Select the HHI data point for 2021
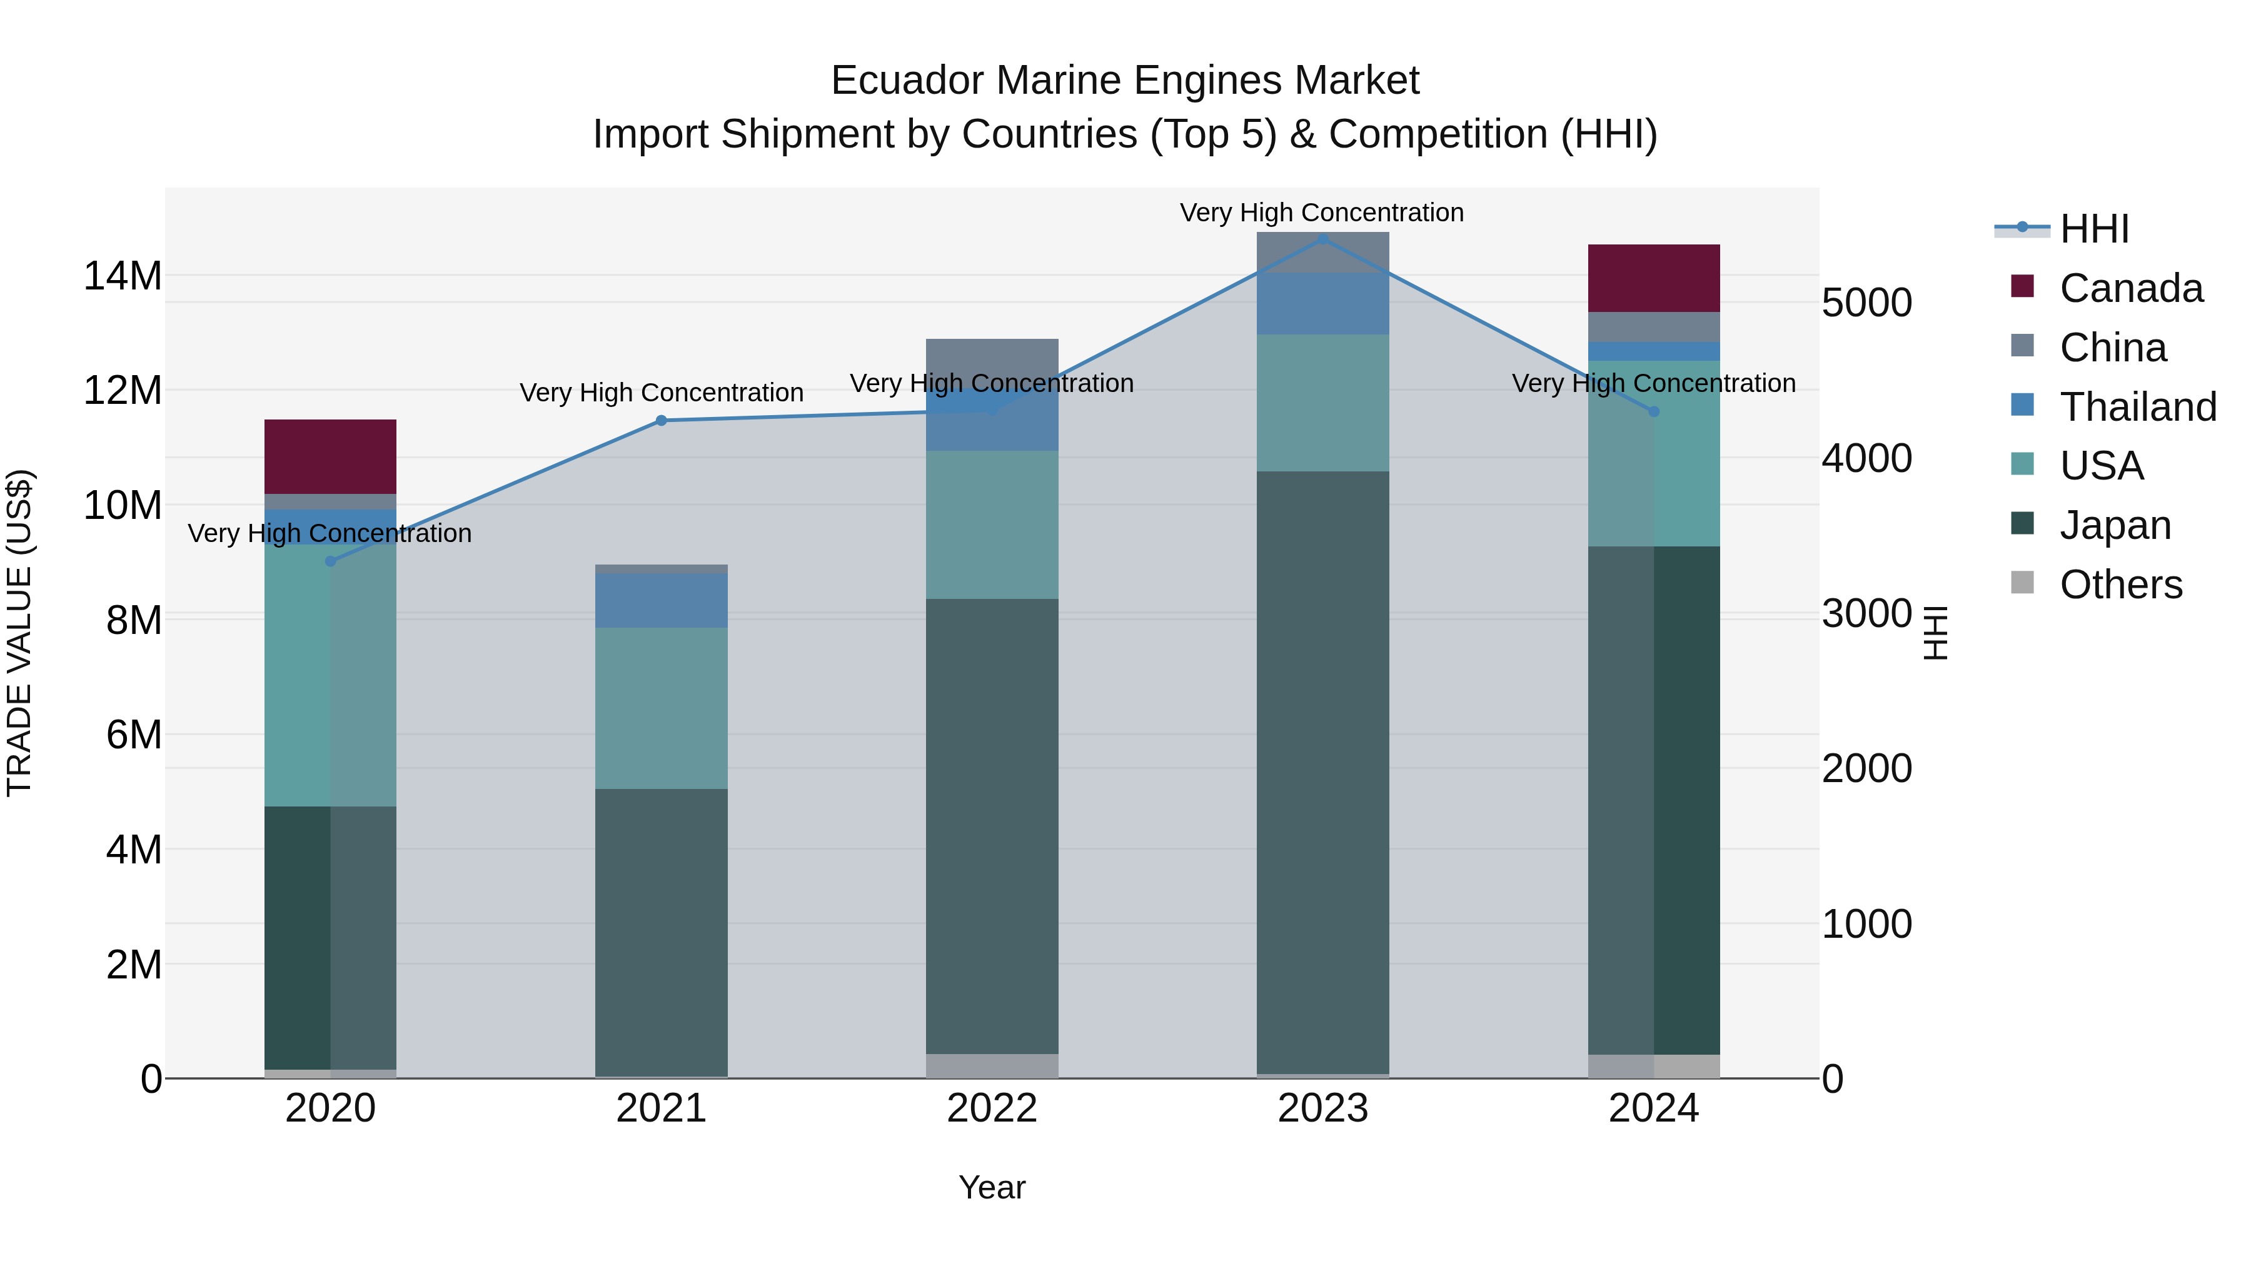tap(662, 420)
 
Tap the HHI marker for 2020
tap(330, 561)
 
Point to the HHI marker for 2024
tap(1653, 411)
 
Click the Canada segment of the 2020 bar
tap(330, 456)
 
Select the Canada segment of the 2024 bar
tap(1653, 278)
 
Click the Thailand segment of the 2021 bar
tap(662, 600)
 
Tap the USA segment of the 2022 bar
tap(992, 525)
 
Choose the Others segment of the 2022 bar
tap(992, 1066)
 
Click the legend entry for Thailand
tap(2137, 407)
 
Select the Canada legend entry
tap(2130, 288)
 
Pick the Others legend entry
tap(2121, 585)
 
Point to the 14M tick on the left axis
tap(123, 276)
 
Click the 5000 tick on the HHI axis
tap(1867, 303)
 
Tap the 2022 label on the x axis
tap(992, 1108)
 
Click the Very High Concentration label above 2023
tap(1321, 213)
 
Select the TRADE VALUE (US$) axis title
tap(19, 633)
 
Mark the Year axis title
tap(992, 1187)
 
